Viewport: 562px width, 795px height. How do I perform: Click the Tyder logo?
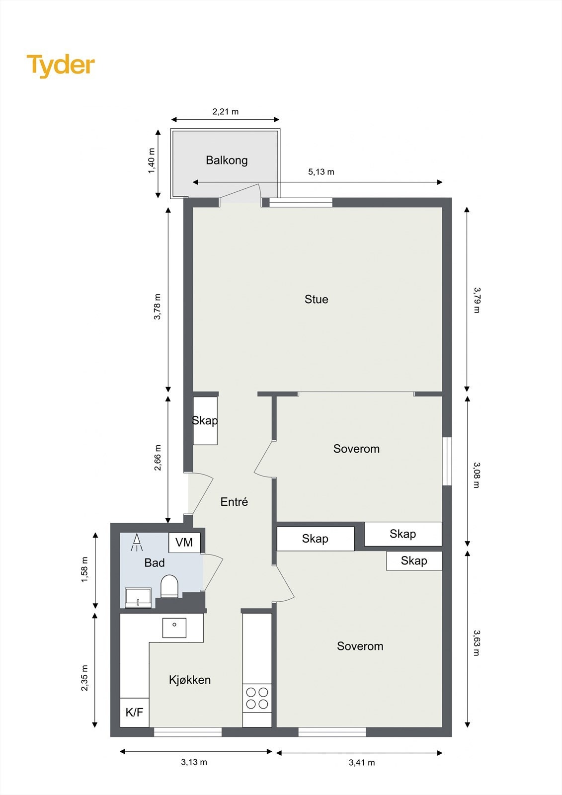point(61,65)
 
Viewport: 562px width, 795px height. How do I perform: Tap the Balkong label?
point(227,160)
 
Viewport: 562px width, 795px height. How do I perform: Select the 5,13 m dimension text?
point(321,172)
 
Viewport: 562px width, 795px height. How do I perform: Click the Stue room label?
point(316,299)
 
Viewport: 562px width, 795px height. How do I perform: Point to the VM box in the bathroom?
point(184,542)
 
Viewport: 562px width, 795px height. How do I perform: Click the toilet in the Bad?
point(169,586)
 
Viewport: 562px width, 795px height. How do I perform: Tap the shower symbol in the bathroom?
point(136,542)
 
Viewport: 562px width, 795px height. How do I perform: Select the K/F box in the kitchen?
point(134,713)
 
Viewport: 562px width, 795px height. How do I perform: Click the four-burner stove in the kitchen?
point(257,698)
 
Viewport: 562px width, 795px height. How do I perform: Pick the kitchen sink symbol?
point(174,628)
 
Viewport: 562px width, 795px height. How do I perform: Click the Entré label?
point(234,502)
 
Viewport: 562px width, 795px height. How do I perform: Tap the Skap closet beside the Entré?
point(205,420)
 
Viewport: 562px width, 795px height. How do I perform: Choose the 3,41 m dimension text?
point(362,762)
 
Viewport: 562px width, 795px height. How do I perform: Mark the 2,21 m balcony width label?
point(226,112)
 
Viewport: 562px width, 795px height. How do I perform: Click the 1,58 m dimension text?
point(84,570)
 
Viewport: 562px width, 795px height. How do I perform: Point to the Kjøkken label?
point(190,680)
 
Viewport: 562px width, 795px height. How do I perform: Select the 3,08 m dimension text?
point(476,475)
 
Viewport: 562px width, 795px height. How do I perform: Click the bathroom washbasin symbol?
point(138,598)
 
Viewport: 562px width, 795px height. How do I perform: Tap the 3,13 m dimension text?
point(194,762)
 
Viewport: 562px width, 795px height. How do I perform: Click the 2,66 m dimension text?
point(158,458)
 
